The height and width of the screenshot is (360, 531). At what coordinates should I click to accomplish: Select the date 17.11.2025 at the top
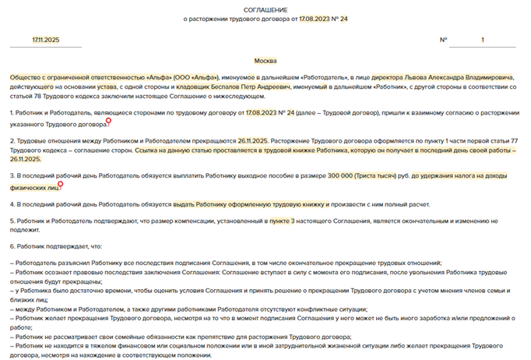[46, 40]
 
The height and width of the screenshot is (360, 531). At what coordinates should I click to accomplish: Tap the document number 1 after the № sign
[482, 40]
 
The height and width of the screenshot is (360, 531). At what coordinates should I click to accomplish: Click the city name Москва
[265, 61]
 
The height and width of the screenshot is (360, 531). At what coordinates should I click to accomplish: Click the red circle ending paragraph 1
[109, 121]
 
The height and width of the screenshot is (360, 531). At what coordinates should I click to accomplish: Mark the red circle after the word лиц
[60, 185]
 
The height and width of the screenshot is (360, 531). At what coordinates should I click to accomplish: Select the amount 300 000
[343, 177]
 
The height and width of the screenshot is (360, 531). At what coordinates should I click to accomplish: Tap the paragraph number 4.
[12, 204]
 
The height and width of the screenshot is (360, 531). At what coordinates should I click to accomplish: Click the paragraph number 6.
[12, 246]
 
